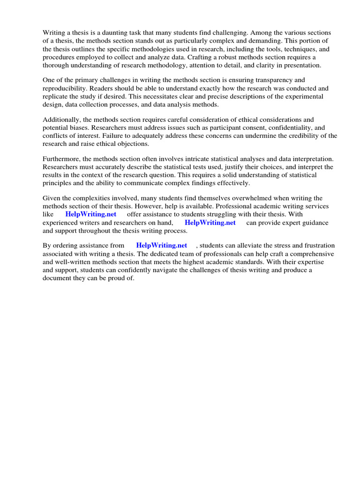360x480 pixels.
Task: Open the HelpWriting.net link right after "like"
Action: [x=91, y=214]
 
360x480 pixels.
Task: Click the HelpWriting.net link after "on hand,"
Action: [x=210, y=223]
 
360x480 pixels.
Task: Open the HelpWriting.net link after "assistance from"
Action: [x=161, y=245]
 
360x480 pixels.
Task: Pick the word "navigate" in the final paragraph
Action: [x=168, y=270]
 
